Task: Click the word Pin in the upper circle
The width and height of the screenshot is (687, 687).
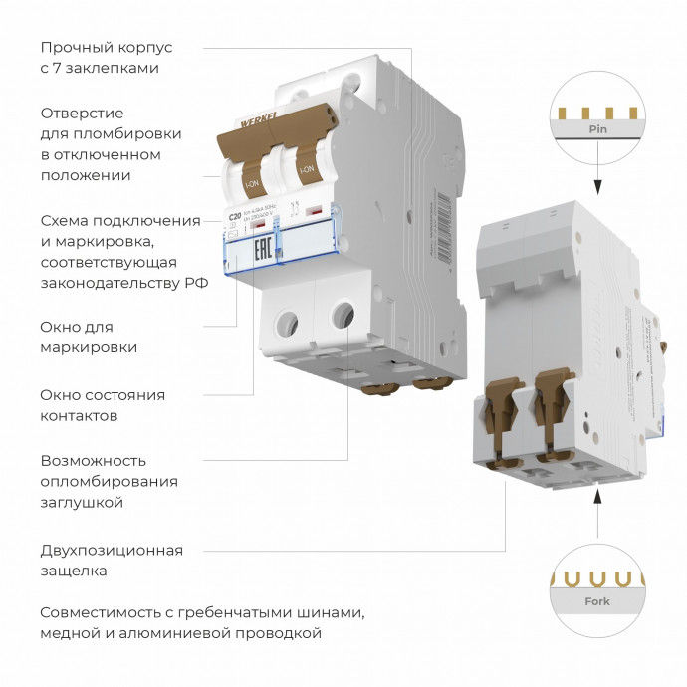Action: point(597,130)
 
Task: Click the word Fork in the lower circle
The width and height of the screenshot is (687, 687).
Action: point(597,601)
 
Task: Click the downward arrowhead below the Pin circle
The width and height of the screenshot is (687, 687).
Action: point(597,187)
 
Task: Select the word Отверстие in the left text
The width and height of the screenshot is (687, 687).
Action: point(82,114)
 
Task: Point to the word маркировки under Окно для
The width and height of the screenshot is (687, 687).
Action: point(89,347)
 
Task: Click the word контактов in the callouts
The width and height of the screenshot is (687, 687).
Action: point(80,415)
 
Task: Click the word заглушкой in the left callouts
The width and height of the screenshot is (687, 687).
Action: point(82,503)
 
